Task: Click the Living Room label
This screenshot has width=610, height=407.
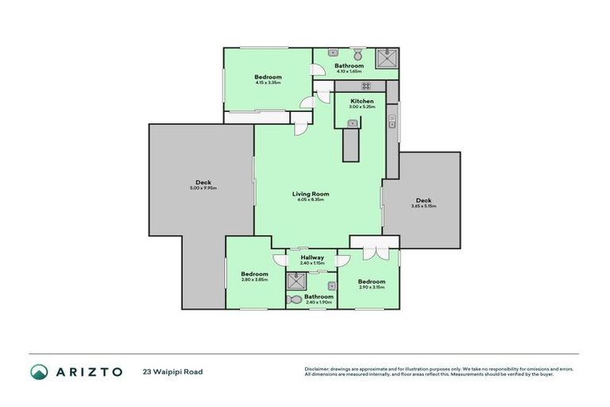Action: tap(311, 194)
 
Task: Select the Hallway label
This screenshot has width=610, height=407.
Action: tap(312, 258)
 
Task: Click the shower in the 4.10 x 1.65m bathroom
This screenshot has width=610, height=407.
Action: tap(388, 58)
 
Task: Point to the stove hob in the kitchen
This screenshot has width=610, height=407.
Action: tap(366, 85)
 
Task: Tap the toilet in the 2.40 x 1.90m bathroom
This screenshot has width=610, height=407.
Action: tap(295, 300)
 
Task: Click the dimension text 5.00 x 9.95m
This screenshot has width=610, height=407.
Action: tap(203, 188)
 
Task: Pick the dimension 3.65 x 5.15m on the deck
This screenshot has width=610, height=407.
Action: tap(423, 206)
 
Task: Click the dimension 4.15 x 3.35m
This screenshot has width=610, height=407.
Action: tap(268, 82)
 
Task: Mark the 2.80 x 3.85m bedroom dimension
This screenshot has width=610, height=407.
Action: tap(255, 280)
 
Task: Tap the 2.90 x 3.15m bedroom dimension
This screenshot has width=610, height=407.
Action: tap(371, 287)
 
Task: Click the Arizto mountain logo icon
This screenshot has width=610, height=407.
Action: tap(39, 371)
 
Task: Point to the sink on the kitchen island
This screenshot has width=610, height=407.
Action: tap(351, 122)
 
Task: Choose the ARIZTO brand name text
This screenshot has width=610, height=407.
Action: tap(89, 371)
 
